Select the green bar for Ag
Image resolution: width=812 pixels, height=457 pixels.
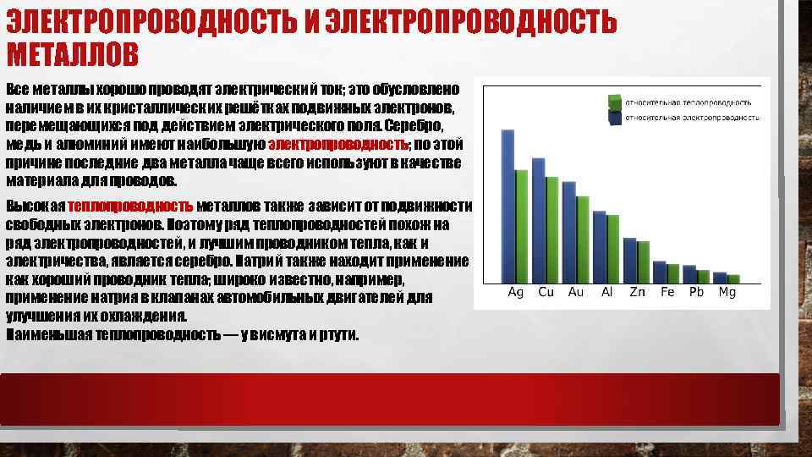[521, 226]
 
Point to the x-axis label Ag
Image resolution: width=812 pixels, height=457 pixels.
[515, 292]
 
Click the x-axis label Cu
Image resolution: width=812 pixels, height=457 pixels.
[546, 292]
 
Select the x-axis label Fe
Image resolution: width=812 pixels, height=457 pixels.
[667, 292]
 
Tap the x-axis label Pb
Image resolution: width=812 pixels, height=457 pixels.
[697, 292]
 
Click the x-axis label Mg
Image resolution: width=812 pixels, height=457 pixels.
[727, 292]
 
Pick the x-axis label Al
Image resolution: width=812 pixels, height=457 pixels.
[606, 292]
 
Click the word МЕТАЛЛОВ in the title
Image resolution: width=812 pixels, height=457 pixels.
[72, 56]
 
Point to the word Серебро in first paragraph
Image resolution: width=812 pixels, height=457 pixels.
[414, 125]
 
